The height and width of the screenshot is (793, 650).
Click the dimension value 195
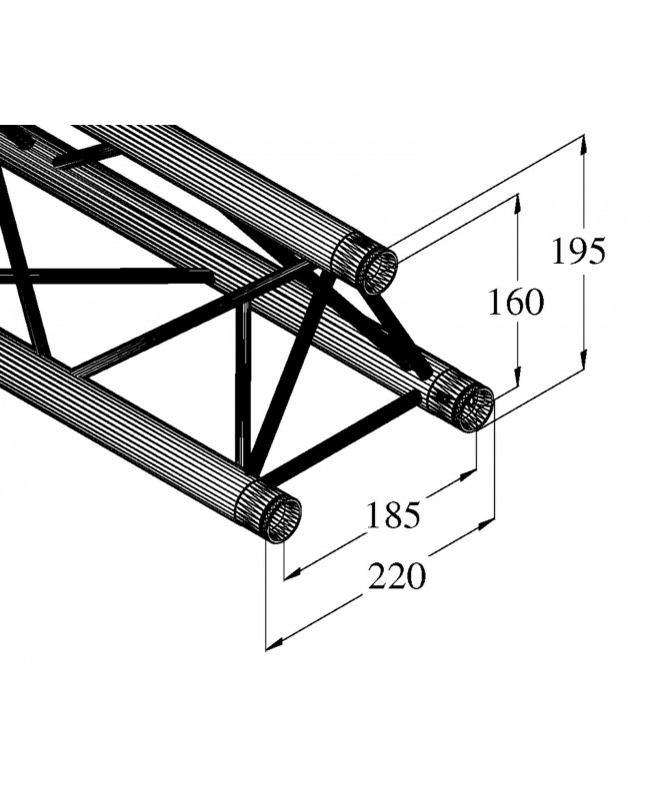(579, 252)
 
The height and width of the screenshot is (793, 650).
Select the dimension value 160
(515, 302)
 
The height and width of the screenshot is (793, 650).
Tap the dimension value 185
(391, 514)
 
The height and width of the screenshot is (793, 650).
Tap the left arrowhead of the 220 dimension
(273, 644)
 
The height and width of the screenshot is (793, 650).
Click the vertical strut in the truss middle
(243, 390)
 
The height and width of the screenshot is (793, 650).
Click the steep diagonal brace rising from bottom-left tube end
(290, 380)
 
